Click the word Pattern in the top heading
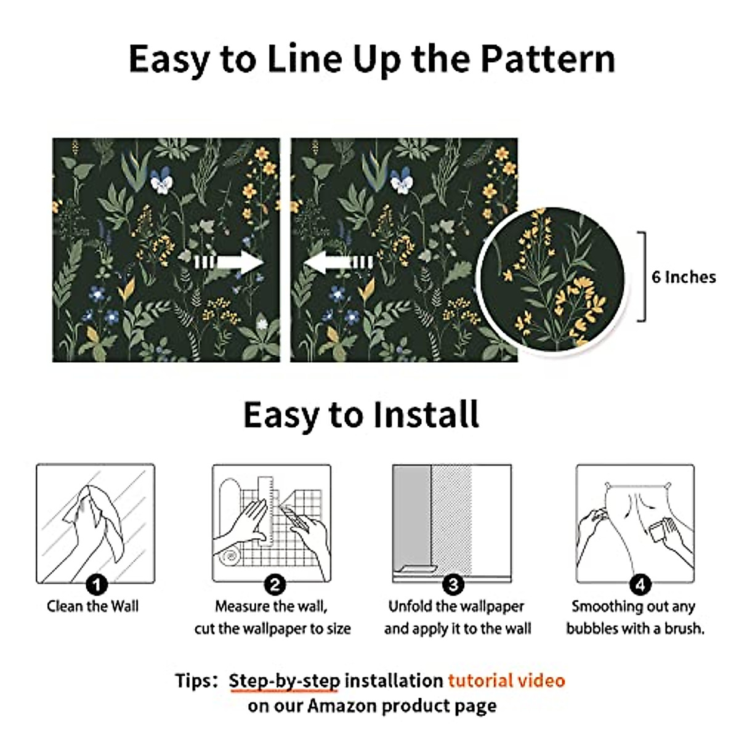pos(547,59)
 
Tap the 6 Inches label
pos(684,277)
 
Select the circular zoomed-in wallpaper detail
pos(551,278)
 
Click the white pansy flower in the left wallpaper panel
pos(162,181)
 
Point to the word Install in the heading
pos(423,414)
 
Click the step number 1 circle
pos(96,583)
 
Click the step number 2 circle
pos(275,583)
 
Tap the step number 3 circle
pos(453,583)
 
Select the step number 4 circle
pos(640,583)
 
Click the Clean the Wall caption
pos(93,606)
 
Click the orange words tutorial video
pos(506,680)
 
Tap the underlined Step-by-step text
pos(284,680)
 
